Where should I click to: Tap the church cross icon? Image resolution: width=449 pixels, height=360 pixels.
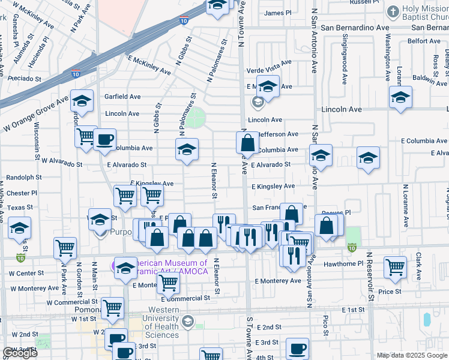click(x=393, y=11)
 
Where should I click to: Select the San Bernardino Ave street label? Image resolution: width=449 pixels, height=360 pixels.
click(x=355, y=28)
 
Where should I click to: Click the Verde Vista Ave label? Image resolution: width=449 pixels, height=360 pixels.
click(x=269, y=62)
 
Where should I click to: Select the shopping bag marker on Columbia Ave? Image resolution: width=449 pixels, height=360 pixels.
click(x=247, y=143)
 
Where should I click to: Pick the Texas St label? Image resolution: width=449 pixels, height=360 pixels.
click(x=20, y=207)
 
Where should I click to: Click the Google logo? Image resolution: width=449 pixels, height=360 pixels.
click(x=20, y=353)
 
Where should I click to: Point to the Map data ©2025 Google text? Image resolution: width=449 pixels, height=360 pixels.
click(x=411, y=355)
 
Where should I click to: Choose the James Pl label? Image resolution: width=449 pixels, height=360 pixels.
click(x=277, y=13)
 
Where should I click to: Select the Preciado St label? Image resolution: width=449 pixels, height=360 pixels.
click(x=24, y=78)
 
